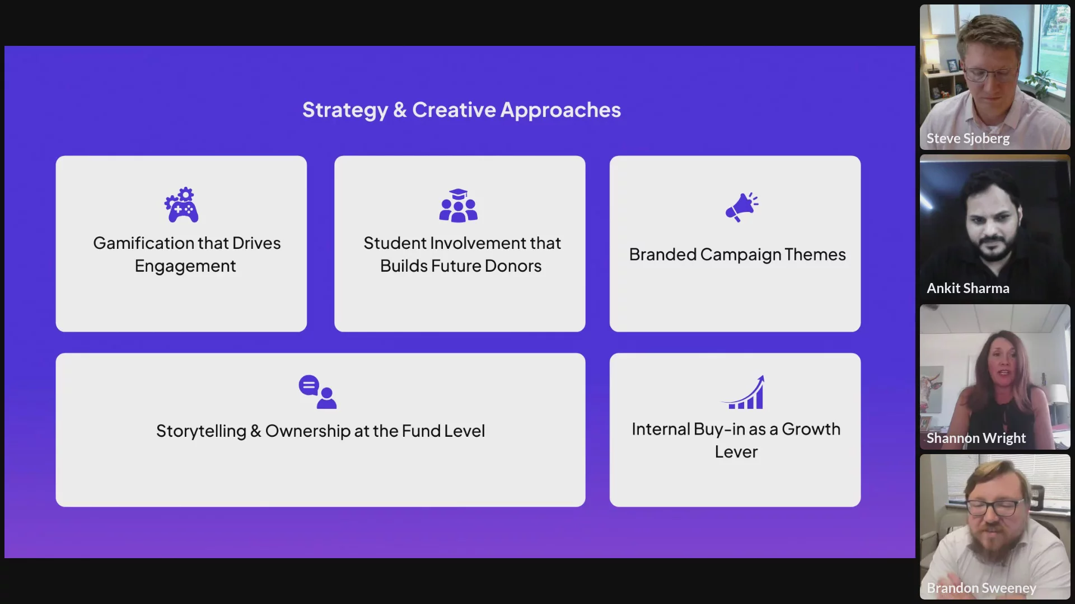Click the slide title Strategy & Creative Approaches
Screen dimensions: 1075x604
pos(461,110)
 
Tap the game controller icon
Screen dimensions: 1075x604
pos(181,205)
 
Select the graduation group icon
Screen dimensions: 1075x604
pos(458,205)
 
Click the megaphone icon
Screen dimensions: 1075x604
pos(742,207)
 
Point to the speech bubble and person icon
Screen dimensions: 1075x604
pos(317,391)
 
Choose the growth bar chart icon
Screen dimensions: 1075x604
pos(742,392)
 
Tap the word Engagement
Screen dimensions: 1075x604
pos(185,266)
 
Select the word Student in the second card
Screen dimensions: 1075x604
pos(394,243)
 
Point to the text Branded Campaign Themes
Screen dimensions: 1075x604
pos(737,254)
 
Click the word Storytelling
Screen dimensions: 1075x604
pos(201,431)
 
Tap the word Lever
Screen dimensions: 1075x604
pos(736,452)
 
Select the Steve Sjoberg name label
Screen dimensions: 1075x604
pos(968,138)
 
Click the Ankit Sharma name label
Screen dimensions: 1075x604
pos(968,288)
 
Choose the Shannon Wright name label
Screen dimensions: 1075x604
pos(976,438)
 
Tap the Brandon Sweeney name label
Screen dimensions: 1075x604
pos(981,588)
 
